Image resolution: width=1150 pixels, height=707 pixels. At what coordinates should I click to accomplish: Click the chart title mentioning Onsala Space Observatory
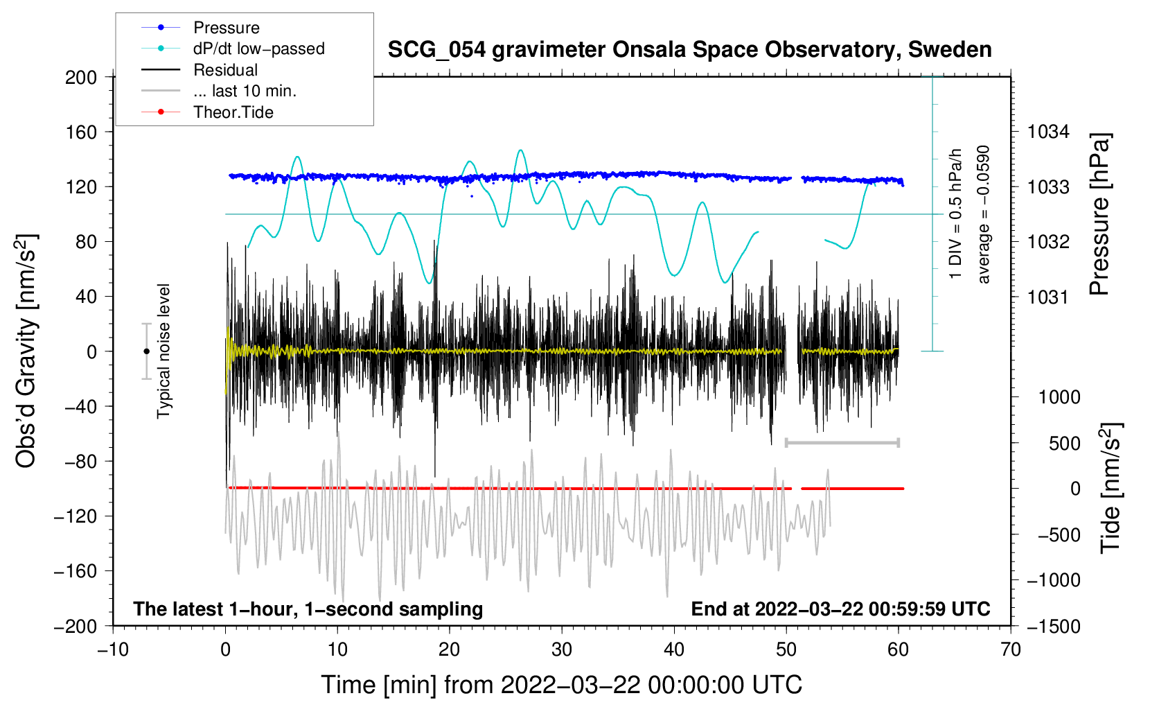tap(689, 50)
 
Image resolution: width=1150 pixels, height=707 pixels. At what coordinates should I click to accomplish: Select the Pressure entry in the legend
tap(226, 28)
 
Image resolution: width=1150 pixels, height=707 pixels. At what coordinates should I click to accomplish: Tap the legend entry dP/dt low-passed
tap(258, 49)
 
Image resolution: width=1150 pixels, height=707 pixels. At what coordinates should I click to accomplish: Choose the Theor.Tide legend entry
tap(233, 112)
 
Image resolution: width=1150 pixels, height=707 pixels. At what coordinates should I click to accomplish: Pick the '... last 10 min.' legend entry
tap(245, 91)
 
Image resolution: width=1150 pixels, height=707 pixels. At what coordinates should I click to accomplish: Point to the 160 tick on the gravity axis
tap(81, 132)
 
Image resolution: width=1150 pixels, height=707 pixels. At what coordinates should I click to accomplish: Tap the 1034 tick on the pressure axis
tap(1048, 132)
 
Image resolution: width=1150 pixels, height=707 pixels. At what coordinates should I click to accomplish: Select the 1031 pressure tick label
tap(1048, 297)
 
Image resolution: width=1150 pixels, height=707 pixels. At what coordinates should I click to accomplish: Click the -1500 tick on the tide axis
tap(1054, 627)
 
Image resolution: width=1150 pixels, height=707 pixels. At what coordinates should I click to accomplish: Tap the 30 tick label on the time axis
tap(562, 650)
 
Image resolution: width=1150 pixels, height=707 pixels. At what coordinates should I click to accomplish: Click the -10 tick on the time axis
tap(113, 650)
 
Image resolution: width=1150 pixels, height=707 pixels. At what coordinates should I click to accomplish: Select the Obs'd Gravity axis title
tap(26, 351)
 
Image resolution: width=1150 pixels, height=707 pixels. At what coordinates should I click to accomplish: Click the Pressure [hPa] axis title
tap(1099, 214)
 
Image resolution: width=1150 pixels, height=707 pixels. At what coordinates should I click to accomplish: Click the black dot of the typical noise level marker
tap(146, 351)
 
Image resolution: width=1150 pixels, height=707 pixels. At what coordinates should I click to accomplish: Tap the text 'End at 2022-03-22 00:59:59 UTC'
tap(840, 609)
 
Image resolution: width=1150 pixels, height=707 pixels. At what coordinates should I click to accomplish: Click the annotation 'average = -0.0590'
tap(984, 214)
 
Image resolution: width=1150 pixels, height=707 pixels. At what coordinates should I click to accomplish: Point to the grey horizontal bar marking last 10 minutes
tap(842, 442)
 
